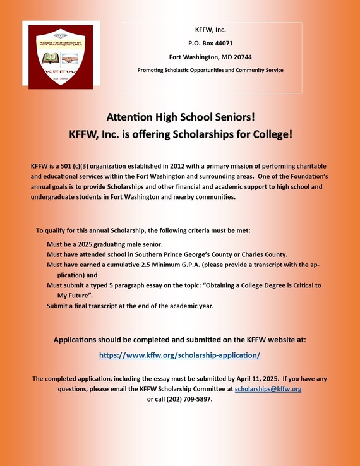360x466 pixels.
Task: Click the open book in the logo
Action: [x=50, y=58]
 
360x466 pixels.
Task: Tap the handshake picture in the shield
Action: [x=70, y=58]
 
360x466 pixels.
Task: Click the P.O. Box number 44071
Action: [x=221, y=43]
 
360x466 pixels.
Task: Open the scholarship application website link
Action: [x=180, y=355]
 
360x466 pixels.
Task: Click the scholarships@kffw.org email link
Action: [x=268, y=389]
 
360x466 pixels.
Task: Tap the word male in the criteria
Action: [x=136, y=244]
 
